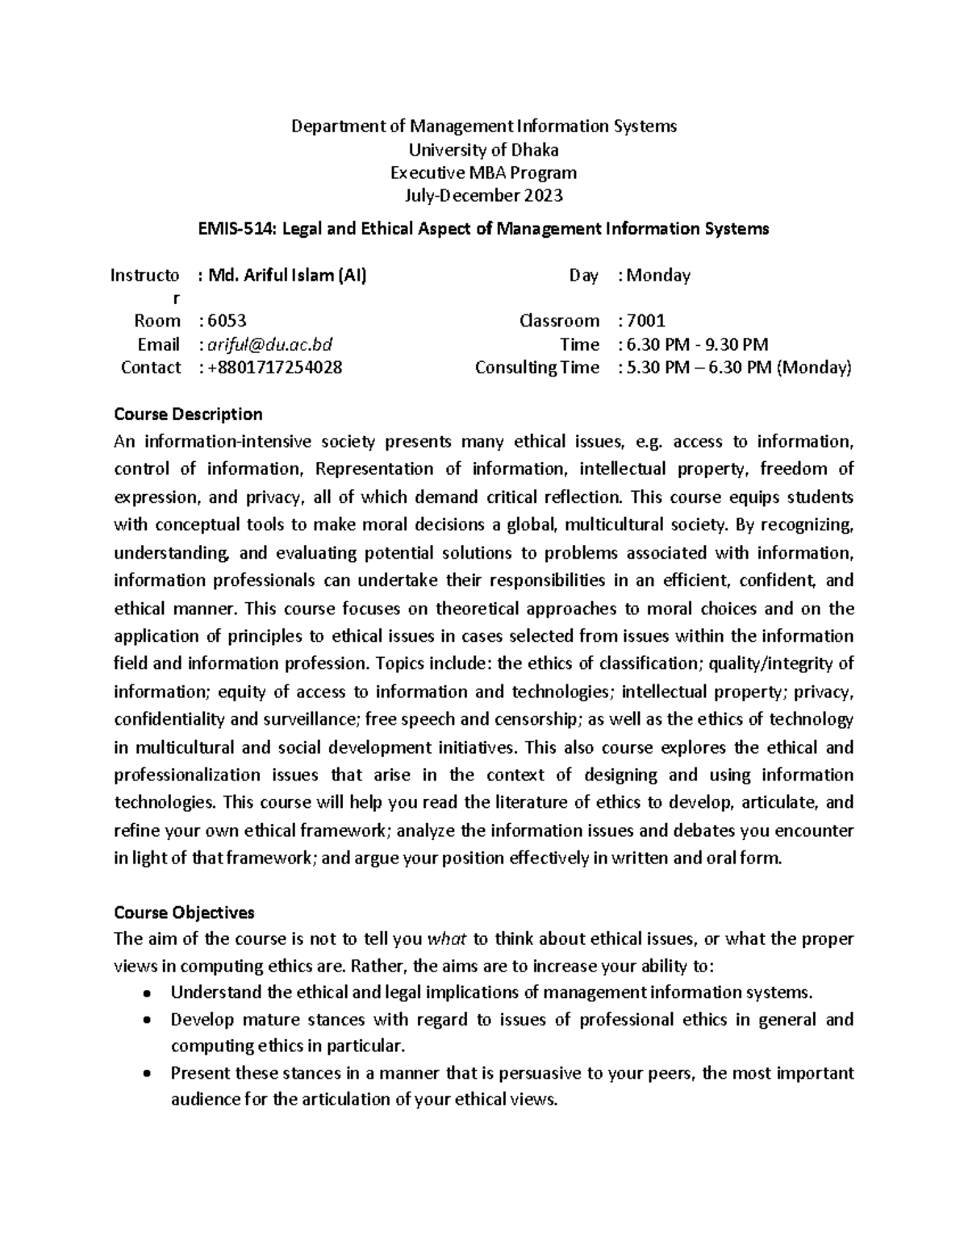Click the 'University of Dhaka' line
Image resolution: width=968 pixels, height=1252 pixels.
click(483, 150)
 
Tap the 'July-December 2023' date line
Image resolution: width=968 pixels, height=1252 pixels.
click(483, 195)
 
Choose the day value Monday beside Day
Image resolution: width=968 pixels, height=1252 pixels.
click(658, 276)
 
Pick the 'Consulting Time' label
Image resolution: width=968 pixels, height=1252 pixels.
click(536, 368)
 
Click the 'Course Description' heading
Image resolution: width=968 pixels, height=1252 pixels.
click(188, 414)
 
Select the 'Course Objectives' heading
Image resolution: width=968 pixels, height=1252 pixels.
click(184, 913)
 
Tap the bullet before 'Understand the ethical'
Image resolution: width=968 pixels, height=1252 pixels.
click(145, 993)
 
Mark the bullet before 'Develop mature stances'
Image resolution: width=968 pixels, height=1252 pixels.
click(145, 1021)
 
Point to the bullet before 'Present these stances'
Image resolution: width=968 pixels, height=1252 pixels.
click(145, 1075)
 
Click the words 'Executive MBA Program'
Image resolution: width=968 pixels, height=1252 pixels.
click(483, 173)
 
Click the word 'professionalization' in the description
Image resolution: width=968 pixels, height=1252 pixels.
click(186, 776)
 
